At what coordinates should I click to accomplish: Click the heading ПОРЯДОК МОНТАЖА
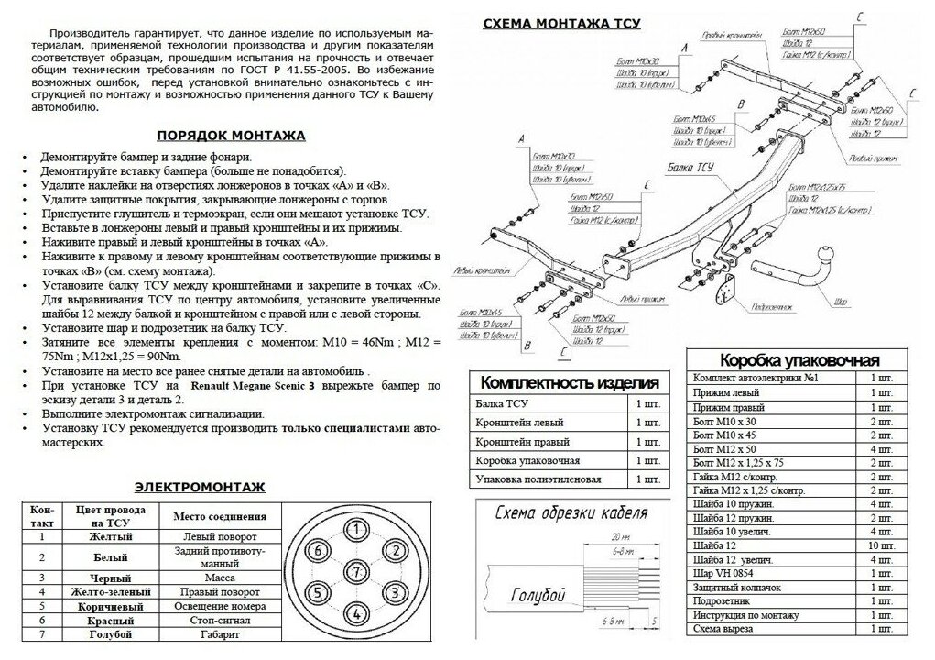tap(231, 135)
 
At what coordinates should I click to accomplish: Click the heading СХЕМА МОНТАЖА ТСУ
tap(561, 22)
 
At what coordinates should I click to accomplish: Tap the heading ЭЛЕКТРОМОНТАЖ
tap(200, 486)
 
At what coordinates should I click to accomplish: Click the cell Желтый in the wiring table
tap(110, 535)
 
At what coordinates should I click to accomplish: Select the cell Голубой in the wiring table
tap(110, 634)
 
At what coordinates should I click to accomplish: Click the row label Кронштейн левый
tap(519, 422)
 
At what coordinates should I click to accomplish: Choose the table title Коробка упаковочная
tap(799, 359)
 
